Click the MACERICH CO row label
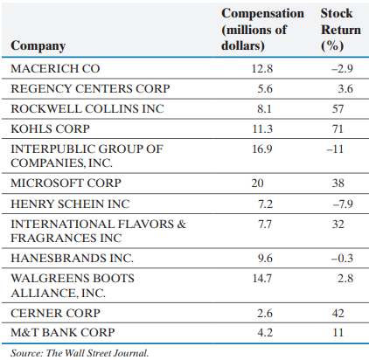point(50,67)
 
